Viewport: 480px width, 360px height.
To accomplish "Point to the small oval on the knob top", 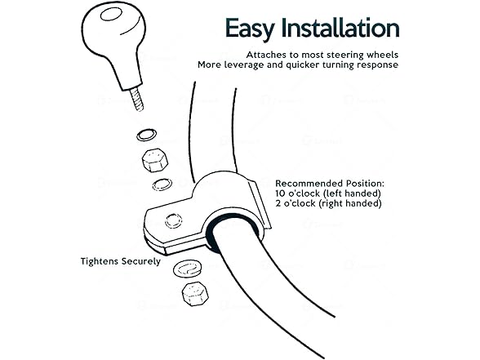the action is pos(111,15).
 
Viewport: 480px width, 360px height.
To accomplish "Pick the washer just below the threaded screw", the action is pos(147,135).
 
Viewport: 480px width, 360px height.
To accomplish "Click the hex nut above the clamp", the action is pos(155,160).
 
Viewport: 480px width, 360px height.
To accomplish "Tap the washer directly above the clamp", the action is pos(162,184).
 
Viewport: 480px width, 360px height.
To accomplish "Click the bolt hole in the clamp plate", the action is pos(174,220).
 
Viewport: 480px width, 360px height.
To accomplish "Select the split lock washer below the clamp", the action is pos(187,269).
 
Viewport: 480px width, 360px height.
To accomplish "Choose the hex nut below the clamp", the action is pos(195,294).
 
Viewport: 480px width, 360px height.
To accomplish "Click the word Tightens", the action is pos(100,261).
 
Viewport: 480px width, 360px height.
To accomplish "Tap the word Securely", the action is pos(141,262).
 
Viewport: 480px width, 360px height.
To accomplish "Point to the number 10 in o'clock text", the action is pos(281,193).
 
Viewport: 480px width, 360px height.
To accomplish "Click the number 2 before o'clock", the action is pos(278,203).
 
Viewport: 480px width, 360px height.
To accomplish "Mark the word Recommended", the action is pos(309,184).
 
